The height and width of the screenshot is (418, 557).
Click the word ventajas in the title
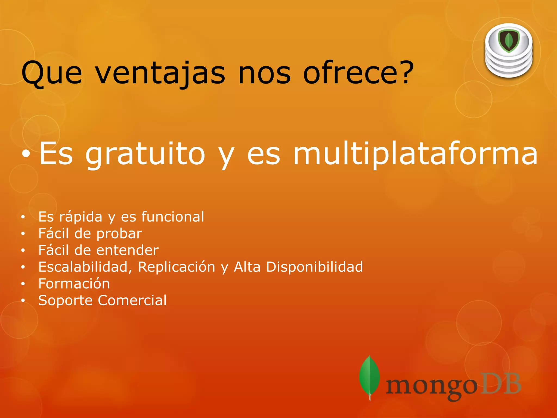point(160,73)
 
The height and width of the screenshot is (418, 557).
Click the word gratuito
point(145,155)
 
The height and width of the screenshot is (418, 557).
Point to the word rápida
point(81,217)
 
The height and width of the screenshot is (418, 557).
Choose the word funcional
point(172,217)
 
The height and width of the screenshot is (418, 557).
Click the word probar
point(119,234)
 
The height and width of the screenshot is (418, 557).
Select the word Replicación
point(177,267)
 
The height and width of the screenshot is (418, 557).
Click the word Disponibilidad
point(314,267)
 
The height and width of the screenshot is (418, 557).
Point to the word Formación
point(74,284)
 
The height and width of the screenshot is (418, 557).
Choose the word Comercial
point(132,300)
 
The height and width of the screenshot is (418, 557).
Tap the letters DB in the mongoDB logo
point(500,384)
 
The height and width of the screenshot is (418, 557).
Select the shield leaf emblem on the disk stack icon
point(509,41)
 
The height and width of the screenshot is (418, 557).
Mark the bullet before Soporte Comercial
point(23,300)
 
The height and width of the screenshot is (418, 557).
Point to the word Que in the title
point(51,73)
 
